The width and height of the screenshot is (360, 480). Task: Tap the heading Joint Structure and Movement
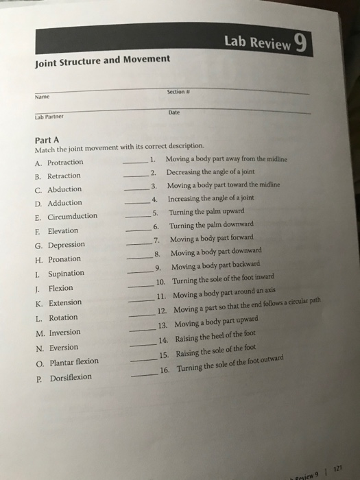click(102, 60)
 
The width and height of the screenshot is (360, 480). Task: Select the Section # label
click(176, 95)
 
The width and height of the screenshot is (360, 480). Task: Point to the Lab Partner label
click(49, 117)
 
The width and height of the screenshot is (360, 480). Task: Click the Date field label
click(174, 113)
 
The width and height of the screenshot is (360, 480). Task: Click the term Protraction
click(64, 162)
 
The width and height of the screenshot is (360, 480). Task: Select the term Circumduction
click(71, 216)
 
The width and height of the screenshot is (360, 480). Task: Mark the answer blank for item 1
click(134, 162)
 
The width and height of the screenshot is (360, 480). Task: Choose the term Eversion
click(62, 346)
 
